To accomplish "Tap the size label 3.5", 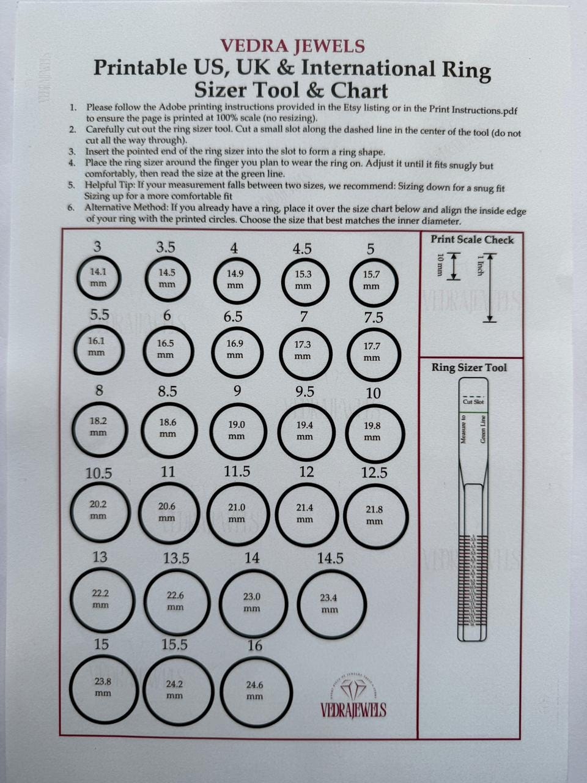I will coord(165,247).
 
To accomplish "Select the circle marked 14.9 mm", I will coord(235,280).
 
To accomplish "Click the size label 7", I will coord(304,316).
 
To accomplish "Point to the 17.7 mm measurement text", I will coord(372,352).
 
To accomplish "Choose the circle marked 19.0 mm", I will coord(237,430).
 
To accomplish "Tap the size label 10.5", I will coord(98,473).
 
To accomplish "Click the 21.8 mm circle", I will coord(374,514).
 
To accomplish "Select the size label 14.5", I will coord(330,558).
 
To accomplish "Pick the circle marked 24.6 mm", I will coord(255,691).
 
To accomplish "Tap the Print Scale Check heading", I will coord(471,240).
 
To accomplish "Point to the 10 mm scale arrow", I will coord(453,267).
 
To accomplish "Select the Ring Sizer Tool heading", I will coord(469,368).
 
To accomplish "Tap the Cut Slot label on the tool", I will coord(473,402).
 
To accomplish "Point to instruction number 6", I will coord(72,207).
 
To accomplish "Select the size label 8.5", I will coord(168,391).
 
